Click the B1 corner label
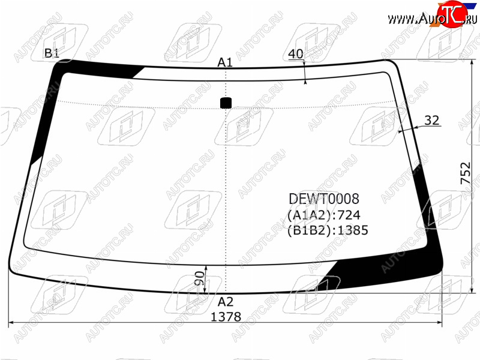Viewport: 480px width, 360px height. click(52, 53)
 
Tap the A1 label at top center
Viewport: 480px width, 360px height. click(225, 62)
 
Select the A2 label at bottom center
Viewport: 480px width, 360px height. click(226, 302)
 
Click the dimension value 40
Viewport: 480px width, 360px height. click(296, 54)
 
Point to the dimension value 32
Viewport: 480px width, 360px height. click(432, 121)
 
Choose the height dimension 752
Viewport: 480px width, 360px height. click(466, 173)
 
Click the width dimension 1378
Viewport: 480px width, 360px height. click(226, 317)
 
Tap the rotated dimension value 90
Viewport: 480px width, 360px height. click(199, 278)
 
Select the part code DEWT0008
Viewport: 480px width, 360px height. click(324, 199)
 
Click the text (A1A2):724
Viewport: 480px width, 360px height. click(324, 215)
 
